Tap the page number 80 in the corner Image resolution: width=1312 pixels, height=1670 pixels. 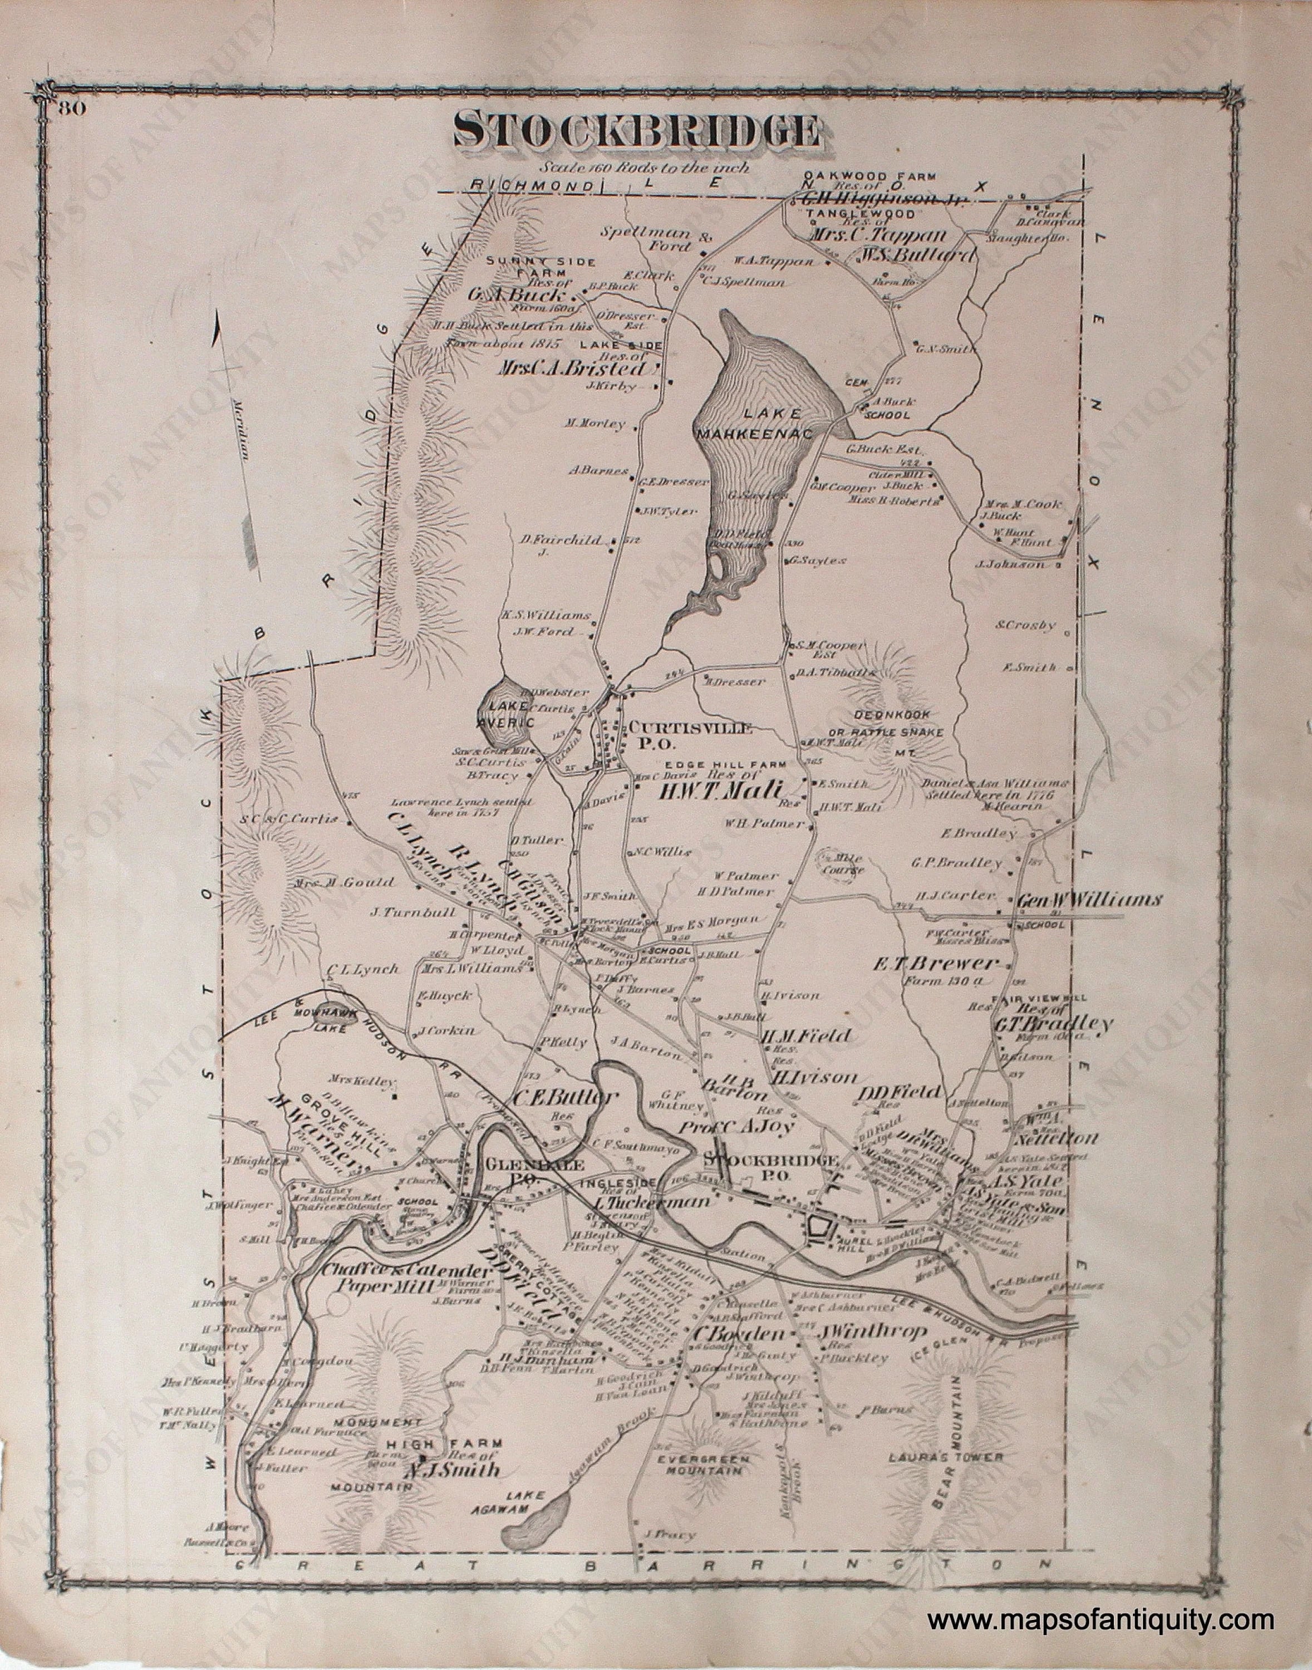click(69, 107)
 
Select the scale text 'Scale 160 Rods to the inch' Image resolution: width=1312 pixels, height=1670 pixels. click(643, 166)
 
